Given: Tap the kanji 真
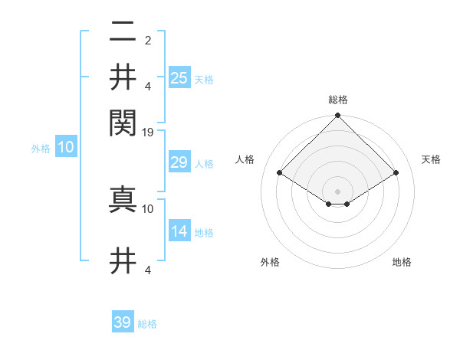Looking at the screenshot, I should click(x=123, y=199).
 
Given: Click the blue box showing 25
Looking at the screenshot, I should click(x=179, y=77).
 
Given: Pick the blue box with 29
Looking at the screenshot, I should click(x=179, y=162).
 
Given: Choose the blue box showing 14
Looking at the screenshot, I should click(x=179, y=231).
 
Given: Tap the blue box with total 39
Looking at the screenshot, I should click(x=123, y=322).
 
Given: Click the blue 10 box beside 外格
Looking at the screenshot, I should click(x=66, y=148).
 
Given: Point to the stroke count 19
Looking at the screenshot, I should click(x=148, y=133).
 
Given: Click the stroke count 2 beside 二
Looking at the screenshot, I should click(x=148, y=40).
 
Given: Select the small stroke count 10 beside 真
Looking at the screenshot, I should click(x=148, y=208).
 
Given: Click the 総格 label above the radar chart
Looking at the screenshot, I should click(x=338, y=100).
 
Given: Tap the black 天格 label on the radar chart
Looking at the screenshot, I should click(x=432, y=159).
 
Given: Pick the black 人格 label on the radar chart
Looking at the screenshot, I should click(x=245, y=159).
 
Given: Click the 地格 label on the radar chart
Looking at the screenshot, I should click(x=402, y=263).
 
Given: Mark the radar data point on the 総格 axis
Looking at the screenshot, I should click(x=338, y=116).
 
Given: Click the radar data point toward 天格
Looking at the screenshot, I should click(x=396, y=172).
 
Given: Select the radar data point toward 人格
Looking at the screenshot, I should click(x=280, y=172).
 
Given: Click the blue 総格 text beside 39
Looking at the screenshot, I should click(x=148, y=324).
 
